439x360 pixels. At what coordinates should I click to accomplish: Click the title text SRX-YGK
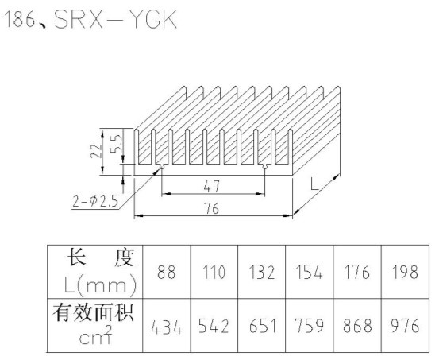(x=115, y=19)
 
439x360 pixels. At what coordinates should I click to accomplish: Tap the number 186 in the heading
(x=19, y=19)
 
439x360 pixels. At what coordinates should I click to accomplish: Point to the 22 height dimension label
(x=96, y=151)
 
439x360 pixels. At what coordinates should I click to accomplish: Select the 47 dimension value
(x=212, y=186)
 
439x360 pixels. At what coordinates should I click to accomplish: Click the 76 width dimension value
(x=212, y=208)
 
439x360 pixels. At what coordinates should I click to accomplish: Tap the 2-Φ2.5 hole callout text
(x=95, y=201)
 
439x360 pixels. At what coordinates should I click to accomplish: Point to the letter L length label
(x=314, y=184)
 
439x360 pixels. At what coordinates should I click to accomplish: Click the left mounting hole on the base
(x=162, y=167)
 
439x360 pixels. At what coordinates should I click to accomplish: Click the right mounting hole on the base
(x=264, y=167)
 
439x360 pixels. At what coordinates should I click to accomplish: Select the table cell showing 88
(x=167, y=272)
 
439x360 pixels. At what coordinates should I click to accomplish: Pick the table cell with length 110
(x=214, y=272)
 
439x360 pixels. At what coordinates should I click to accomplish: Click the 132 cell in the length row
(x=261, y=272)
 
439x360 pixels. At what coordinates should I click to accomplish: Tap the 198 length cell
(x=405, y=272)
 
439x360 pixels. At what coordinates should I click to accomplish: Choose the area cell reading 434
(x=166, y=327)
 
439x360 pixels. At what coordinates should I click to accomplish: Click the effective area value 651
(x=262, y=326)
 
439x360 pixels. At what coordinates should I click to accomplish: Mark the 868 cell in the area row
(x=357, y=326)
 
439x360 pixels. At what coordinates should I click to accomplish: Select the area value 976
(x=405, y=326)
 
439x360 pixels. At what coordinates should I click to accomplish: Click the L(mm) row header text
(x=100, y=285)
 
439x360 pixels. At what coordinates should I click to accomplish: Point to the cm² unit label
(x=95, y=335)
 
